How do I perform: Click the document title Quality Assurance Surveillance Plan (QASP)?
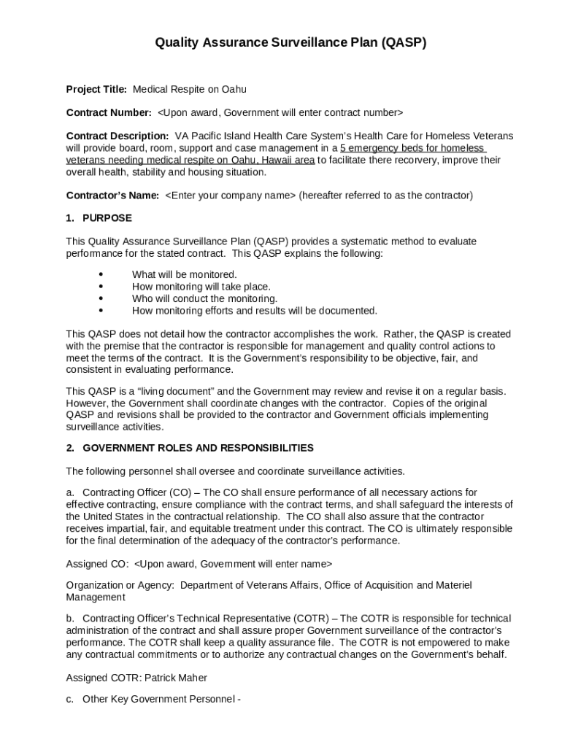pos(290,43)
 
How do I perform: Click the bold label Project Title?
pos(96,90)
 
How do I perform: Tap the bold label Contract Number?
pos(109,113)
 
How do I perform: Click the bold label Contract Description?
pos(118,136)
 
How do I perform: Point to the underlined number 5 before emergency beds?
pos(343,148)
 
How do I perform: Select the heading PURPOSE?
pos(107,218)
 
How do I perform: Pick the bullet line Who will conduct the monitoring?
pos(204,298)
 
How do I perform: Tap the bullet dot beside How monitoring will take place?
pos(100,287)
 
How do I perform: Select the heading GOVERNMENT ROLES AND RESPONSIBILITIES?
pos(198,448)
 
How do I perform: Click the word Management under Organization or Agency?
pos(96,597)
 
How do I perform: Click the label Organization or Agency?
pos(120,585)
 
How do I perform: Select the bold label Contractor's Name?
pos(112,196)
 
